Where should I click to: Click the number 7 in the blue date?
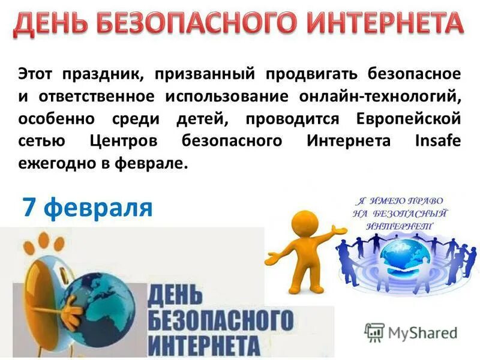pos(30,207)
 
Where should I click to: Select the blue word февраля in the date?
pos(99,208)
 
